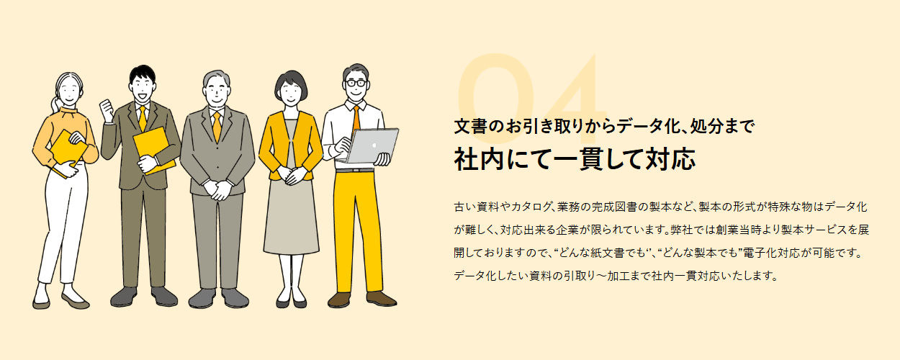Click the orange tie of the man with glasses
pos(356,118)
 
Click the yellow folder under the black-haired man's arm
pos(154,149)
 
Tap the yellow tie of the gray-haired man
pos(217,126)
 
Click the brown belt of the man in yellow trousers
pos(354,169)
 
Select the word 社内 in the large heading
pos(477,159)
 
